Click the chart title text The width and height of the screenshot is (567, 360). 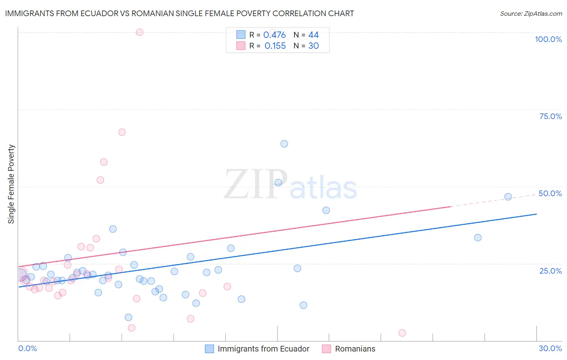(179, 13)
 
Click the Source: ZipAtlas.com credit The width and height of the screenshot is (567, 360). (531, 13)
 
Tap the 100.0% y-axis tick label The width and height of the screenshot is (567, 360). (548, 39)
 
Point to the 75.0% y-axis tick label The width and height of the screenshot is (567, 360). (550, 116)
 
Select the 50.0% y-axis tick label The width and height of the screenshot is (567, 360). (550, 193)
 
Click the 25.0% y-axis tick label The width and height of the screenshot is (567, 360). (550, 270)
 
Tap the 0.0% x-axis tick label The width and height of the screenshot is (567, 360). (27, 348)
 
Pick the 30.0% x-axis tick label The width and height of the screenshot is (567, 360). (550, 348)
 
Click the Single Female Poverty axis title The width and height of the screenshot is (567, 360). (11, 184)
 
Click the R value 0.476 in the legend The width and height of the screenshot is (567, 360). (274, 35)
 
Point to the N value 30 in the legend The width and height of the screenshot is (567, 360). (313, 46)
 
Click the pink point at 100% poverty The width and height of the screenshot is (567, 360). (140, 32)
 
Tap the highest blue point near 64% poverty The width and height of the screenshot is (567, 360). (284, 144)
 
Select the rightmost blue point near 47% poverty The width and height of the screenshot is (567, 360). (508, 197)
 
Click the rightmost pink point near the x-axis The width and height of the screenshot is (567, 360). (402, 333)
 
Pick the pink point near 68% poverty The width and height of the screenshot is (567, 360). (122, 132)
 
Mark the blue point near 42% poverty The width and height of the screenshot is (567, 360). (326, 210)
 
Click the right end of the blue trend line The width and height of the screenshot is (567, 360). (536, 214)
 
